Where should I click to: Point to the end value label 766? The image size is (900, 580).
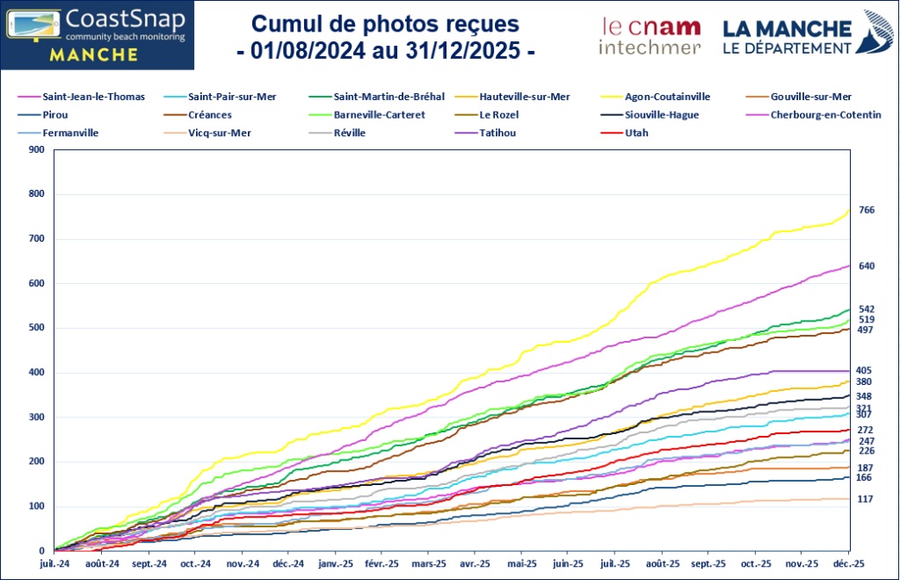(866, 210)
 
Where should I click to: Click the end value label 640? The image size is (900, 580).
(866, 265)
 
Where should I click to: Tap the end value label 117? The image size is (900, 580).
(866, 499)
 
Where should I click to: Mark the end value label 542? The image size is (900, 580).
(866, 309)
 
